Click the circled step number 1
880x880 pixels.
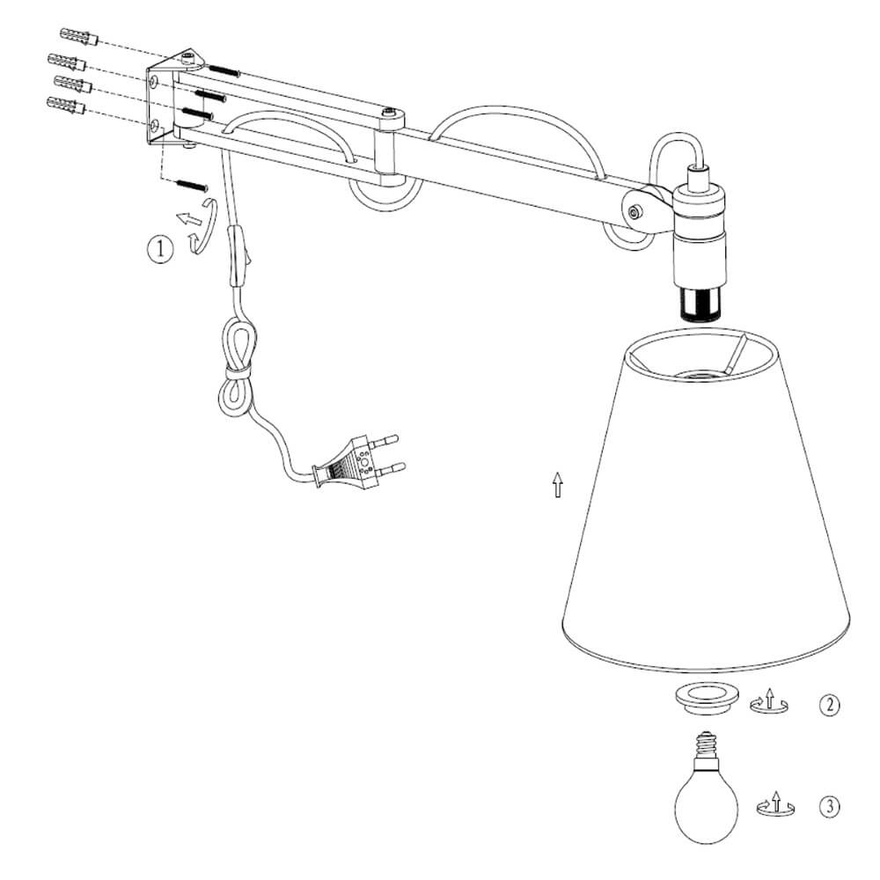(x=160, y=248)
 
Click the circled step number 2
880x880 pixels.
(x=830, y=705)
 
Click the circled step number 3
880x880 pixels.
(x=830, y=807)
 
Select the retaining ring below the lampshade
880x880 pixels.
(x=706, y=697)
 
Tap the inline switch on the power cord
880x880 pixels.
(x=238, y=256)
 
